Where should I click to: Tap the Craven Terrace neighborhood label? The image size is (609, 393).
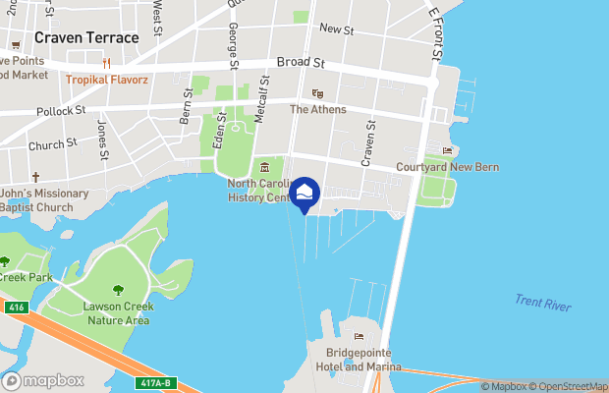(86, 36)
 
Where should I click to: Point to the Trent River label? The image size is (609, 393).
(543, 304)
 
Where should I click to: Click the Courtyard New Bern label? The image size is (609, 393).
(447, 167)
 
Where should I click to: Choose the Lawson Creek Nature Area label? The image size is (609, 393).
(116, 313)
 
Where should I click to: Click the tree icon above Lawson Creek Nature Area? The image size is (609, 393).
(119, 290)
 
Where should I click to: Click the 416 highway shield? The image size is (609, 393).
(16, 307)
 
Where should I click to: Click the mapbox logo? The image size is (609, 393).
(44, 380)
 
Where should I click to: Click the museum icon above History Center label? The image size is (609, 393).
(264, 166)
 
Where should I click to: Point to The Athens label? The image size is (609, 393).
(317, 109)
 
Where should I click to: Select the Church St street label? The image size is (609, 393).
(53, 144)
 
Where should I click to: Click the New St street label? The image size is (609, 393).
(336, 30)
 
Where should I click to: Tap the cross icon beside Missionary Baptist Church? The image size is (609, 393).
(35, 178)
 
